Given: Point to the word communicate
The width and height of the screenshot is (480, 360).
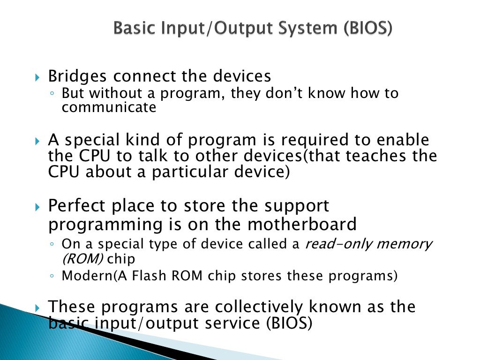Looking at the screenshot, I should point(109,107).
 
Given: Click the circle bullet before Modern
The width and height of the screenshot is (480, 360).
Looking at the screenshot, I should point(53,277).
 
